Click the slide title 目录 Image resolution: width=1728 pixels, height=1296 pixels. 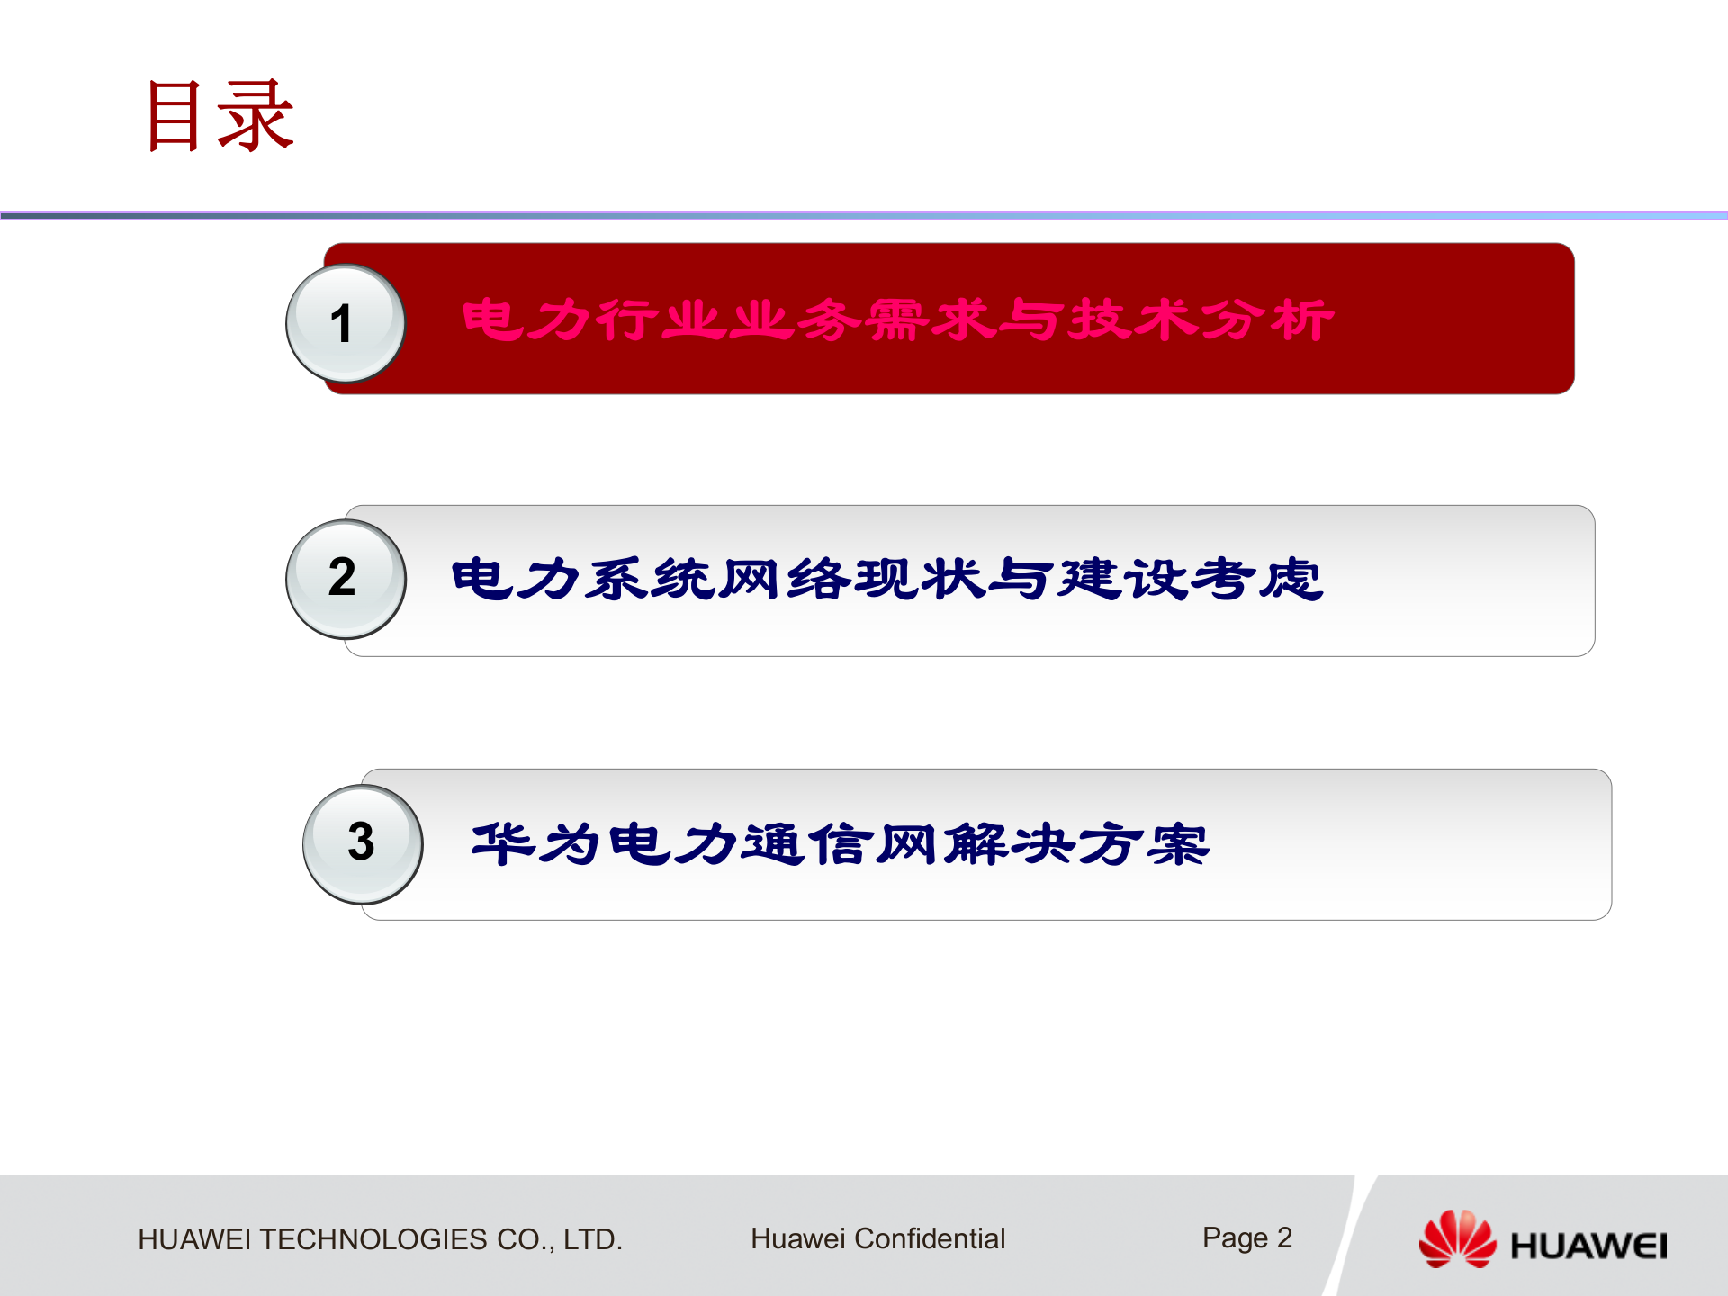(x=220, y=115)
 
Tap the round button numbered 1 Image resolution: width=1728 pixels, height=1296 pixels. (x=345, y=323)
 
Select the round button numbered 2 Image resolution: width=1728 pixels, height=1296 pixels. (x=346, y=579)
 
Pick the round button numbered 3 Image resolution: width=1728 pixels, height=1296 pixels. (x=362, y=843)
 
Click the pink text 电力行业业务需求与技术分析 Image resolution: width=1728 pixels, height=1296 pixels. (x=897, y=319)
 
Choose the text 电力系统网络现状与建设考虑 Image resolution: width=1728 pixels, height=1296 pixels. (x=886, y=578)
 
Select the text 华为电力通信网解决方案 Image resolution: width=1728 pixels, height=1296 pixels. (x=841, y=843)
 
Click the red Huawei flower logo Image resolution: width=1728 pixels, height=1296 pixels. (x=1457, y=1239)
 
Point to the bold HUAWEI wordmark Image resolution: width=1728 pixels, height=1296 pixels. (x=1588, y=1246)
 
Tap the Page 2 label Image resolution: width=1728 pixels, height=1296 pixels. (x=1246, y=1238)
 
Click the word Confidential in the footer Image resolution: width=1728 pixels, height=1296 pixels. (x=929, y=1238)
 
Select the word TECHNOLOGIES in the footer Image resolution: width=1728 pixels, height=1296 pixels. (x=373, y=1239)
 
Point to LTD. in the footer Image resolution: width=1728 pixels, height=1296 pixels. (x=592, y=1239)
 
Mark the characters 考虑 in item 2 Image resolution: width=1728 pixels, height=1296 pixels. (x=1256, y=578)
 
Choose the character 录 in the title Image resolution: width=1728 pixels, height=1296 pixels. (x=256, y=115)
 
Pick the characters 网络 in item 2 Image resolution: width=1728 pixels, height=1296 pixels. (x=785, y=578)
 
